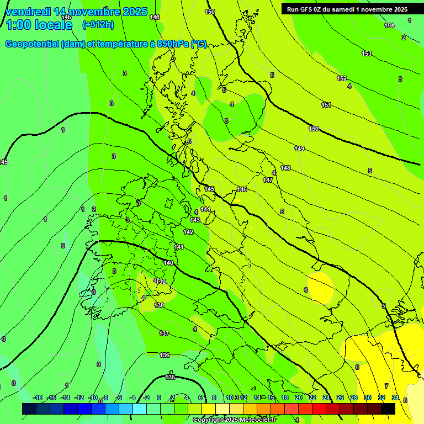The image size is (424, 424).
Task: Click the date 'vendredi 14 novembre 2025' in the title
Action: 76,12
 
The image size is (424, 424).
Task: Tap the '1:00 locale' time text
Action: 39,25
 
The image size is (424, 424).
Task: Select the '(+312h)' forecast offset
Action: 98,24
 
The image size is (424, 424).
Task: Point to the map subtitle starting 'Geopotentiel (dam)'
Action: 105,44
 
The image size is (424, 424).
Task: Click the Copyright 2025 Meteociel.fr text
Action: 235,420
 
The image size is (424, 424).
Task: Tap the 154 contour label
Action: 389,26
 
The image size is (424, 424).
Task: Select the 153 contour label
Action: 367,54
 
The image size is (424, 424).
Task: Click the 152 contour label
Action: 342,78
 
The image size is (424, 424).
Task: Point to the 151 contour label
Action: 326,105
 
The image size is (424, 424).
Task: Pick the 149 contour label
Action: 299,149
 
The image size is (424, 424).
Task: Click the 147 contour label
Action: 268,180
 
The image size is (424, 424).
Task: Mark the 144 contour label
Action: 205,209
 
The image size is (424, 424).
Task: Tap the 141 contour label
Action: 179,247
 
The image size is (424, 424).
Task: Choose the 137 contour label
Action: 164,333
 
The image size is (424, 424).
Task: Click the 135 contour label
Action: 170,377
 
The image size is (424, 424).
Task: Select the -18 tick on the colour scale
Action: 38,397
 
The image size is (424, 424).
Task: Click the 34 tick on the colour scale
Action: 395,397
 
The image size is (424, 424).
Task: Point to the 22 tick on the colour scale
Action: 312,397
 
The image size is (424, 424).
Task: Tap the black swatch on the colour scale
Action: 388,409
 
